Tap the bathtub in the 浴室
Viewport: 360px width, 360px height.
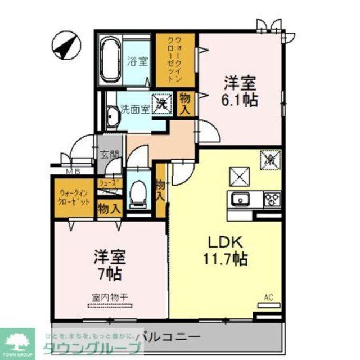(x=110, y=60)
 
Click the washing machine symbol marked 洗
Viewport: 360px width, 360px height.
(x=162, y=104)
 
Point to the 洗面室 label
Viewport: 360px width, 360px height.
(x=135, y=109)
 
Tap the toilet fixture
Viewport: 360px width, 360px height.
(x=136, y=194)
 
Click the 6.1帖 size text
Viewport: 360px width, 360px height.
(x=241, y=100)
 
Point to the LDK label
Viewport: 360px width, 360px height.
(x=225, y=243)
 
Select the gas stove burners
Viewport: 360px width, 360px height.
(x=272, y=199)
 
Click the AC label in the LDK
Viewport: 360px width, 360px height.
(x=268, y=296)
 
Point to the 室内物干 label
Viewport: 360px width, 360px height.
(x=110, y=298)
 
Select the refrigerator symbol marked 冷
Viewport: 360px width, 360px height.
(x=269, y=160)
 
